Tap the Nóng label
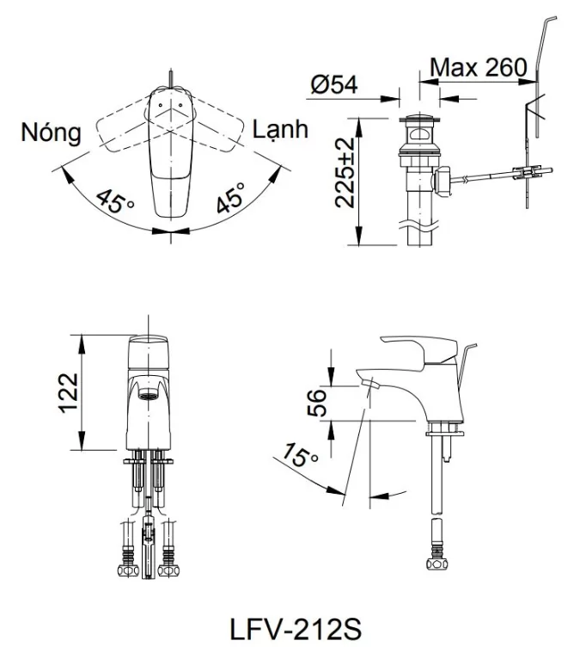(x=52, y=132)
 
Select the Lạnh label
(x=280, y=131)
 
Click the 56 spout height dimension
(x=318, y=403)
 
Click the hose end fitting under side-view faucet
(x=436, y=563)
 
